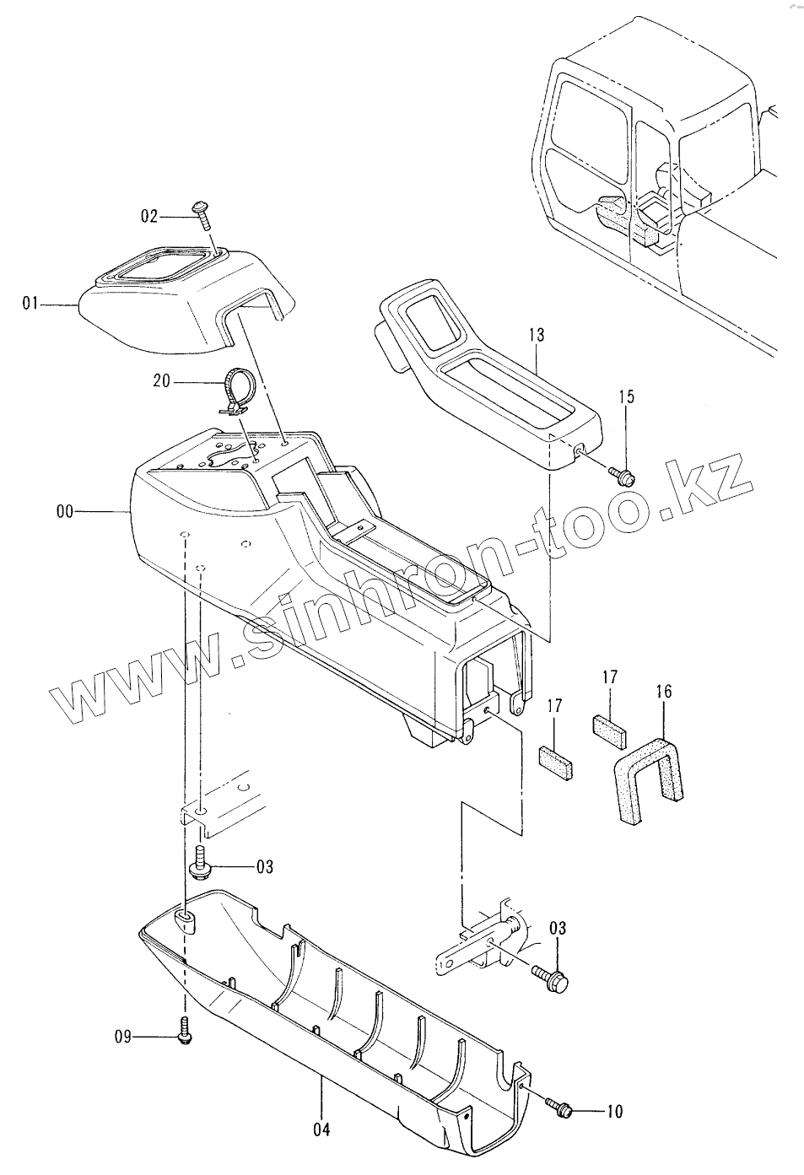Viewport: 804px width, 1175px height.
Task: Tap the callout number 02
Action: [148, 217]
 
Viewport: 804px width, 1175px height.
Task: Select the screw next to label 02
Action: [202, 214]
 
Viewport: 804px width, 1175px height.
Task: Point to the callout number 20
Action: [161, 381]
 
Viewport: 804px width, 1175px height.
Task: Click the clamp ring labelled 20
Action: [237, 390]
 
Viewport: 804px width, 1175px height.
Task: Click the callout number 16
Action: [663, 692]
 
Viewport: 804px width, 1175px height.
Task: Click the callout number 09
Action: [124, 1037]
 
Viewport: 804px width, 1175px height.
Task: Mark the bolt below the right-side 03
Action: [551, 980]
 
